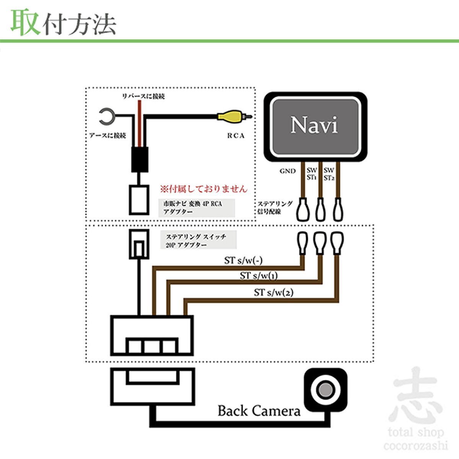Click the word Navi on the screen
(x=314, y=125)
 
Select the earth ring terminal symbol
(x=105, y=116)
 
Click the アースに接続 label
(x=107, y=136)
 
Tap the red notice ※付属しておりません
(x=203, y=189)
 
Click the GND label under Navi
(x=288, y=171)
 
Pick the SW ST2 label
(x=329, y=174)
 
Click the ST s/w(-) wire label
(x=243, y=261)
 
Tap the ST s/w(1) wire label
(x=259, y=275)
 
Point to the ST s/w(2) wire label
(x=274, y=293)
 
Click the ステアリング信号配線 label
(x=275, y=207)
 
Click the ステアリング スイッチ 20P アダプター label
(x=196, y=241)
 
